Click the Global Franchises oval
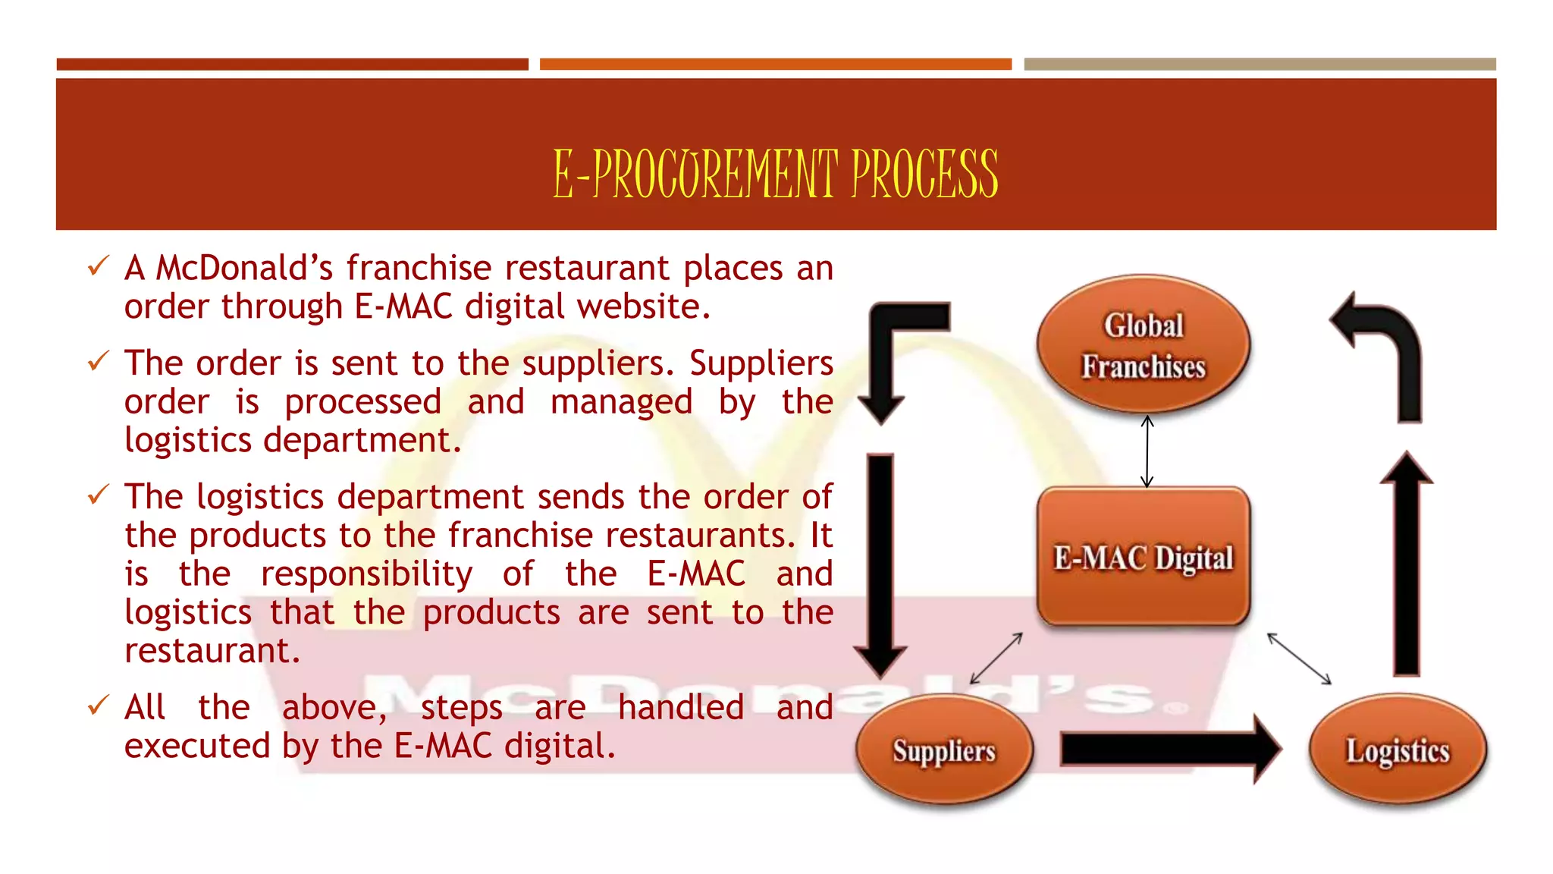1143,345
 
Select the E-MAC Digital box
1143,558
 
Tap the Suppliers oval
944,750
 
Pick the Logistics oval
1397,750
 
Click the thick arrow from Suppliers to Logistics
1168,750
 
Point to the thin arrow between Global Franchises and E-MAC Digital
1147,451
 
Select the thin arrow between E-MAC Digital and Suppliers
996,659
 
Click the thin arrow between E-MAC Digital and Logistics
1299,659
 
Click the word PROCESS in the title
924,174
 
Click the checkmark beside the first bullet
99,266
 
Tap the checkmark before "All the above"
99,706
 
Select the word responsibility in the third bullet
366,574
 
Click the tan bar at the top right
1260,64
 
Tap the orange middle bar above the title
775,64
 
